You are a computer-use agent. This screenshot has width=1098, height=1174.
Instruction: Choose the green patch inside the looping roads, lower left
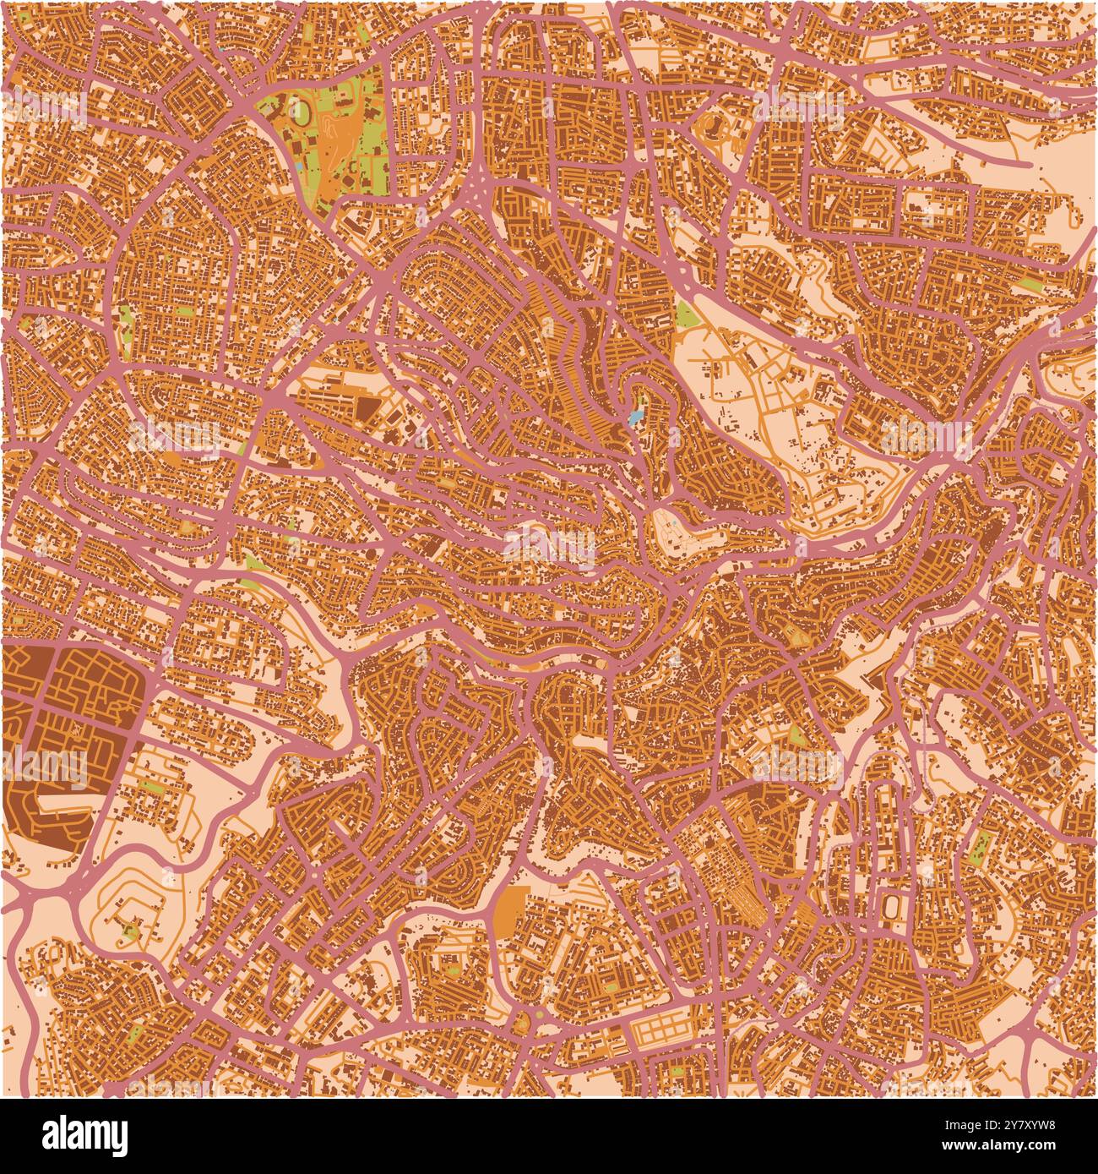131,932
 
